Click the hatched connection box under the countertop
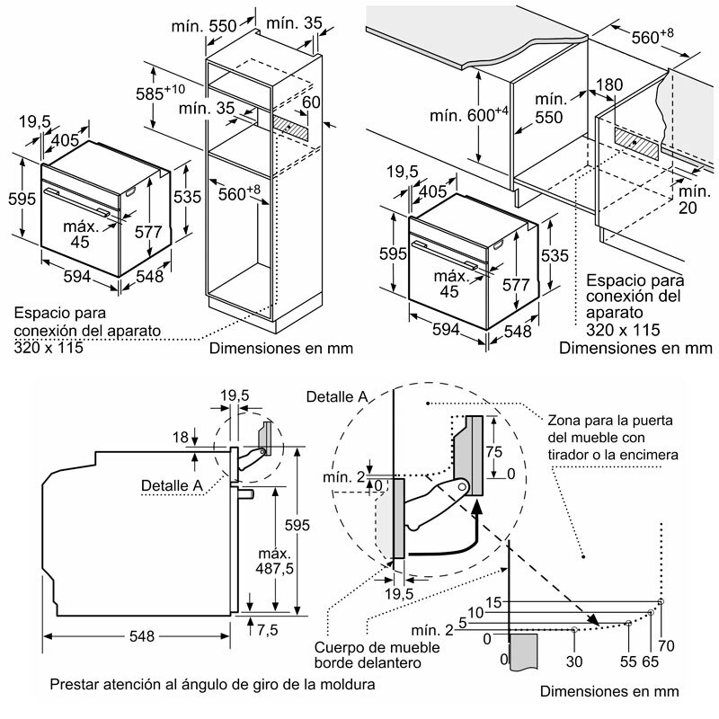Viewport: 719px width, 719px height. click(639, 140)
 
